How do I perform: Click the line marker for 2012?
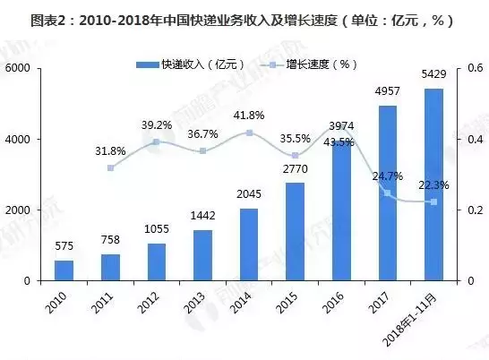158,141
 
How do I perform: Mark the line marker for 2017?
388,193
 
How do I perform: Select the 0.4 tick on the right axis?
468,140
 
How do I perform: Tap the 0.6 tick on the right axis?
468,69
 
